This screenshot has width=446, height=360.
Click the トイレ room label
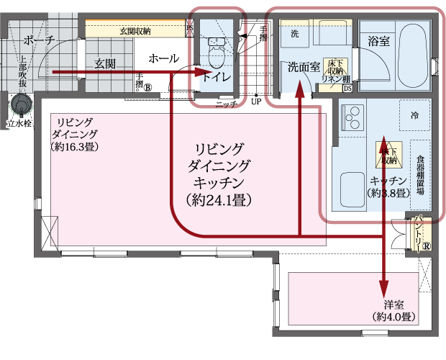216,77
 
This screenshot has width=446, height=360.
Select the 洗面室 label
303,68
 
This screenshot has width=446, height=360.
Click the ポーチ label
38,40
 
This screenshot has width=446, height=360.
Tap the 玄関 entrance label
105,64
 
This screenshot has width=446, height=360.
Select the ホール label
163,58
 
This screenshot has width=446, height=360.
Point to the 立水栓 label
19,124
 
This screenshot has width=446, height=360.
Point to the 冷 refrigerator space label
414,115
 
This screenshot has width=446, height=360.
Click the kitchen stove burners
352,115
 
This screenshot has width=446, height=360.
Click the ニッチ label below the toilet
226,104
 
